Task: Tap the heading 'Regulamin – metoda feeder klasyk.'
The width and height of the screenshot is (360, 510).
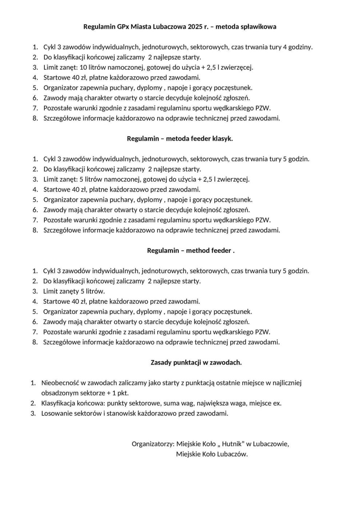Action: click(x=180, y=139)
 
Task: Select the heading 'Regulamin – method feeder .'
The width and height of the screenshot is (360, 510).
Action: click(x=191, y=251)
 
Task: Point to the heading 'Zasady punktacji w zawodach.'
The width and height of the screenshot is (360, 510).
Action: click(x=196, y=362)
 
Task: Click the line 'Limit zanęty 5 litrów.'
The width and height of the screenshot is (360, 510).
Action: click(x=74, y=291)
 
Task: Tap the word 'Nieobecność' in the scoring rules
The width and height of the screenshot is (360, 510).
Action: click(x=60, y=383)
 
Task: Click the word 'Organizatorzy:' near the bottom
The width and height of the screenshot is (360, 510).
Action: click(x=153, y=444)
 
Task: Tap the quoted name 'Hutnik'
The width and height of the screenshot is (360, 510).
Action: click(x=232, y=444)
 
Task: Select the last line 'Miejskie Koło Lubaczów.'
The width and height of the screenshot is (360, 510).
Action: click(x=212, y=454)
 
